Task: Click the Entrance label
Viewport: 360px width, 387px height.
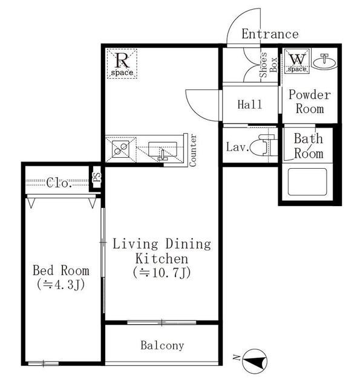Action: click(270, 34)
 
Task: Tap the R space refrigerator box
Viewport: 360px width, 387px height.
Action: click(122, 63)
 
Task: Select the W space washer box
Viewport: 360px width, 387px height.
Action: click(297, 61)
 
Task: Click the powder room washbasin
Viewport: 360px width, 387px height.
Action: click(324, 61)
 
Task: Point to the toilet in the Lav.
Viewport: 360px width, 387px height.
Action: click(263, 145)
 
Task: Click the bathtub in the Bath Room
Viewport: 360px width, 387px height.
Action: click(307, 182)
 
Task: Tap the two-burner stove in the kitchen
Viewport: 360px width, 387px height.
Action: click(120, 149)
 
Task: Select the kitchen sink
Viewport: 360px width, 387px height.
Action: click(163, 150)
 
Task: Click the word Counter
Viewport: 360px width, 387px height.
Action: click(192, 150)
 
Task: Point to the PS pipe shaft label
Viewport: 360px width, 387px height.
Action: click(97, 177)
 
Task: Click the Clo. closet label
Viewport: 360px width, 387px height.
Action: click(59, 183)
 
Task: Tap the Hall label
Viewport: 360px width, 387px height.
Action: click(249, 104)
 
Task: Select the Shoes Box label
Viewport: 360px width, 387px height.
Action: click(267, 65)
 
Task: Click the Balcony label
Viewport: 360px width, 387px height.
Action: click(162, 345)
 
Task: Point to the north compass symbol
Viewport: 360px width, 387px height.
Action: click(254, 361)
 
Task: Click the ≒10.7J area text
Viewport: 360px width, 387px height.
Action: click(162, 273)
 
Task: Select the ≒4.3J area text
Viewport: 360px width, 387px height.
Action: click(61, 285)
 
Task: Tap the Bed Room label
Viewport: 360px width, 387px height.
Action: click(61, 270)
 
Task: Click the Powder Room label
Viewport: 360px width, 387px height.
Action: click(310, 102)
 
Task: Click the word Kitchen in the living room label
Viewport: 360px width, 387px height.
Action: click(162, 259)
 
